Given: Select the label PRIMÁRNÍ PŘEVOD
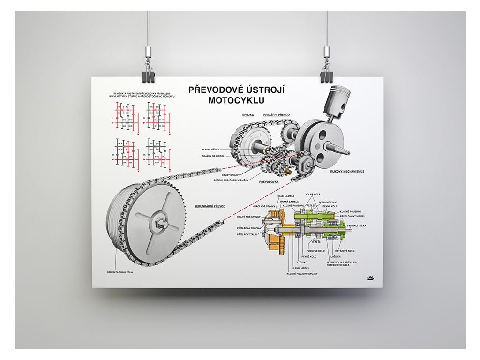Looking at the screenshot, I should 277,114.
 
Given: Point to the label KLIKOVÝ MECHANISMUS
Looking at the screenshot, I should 348,171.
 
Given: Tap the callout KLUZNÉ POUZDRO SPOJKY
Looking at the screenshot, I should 303,273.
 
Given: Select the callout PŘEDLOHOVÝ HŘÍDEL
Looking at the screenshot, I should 352,216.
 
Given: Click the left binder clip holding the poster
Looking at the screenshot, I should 148,76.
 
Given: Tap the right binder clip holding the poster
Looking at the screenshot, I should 326,76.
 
